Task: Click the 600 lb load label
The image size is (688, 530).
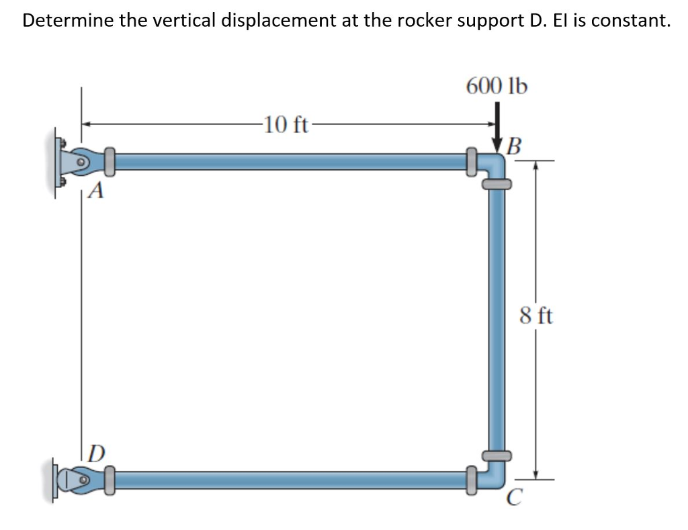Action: pos(497,86)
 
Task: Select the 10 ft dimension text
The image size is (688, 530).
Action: pos(286,124)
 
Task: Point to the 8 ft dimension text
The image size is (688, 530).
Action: pos(536,315)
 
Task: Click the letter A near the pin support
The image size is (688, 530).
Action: pos(97,193)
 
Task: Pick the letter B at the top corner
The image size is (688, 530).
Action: pos(515,145)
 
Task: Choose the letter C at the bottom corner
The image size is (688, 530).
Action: pos(515,498)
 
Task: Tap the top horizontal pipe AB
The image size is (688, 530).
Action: pos(289,161)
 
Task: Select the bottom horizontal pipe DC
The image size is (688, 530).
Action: pos(289,480)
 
